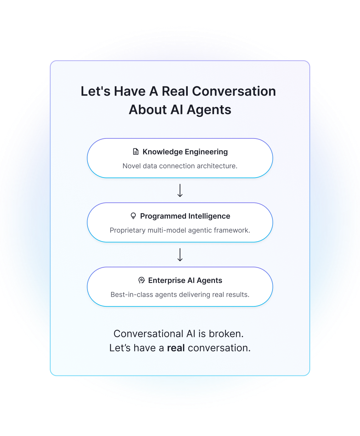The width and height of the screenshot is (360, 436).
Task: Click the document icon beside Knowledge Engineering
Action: pyautogui.click(x=136, y=152)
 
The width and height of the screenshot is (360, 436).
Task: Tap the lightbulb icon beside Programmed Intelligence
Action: pyautogui.click(x=133, y=216)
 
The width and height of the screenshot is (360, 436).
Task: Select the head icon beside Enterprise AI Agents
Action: pyautogui.click(x=141, y=281)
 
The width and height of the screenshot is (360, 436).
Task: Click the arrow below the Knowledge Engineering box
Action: pyautogui.click(x=180, y=191)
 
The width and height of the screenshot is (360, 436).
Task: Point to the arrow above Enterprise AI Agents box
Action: pyautogui.click(x=180, y=255)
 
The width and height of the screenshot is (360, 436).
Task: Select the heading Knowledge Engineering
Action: pyautogui.click(x=185, y=152)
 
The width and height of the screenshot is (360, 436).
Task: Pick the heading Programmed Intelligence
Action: pyautogui.click(x=185, y=216)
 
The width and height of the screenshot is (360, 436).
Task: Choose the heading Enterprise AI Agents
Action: pyautogui.click(x=185, y=281)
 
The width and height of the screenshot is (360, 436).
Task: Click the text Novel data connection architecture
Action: pyautogui.click(x=180, y=166)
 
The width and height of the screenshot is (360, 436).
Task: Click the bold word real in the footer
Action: pyautogui.click(x=176, y=348)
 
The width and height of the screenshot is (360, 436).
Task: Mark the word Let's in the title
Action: pyautogui.click(x=95, y=91)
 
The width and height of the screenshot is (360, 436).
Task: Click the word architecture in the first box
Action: pyautogui.click(x=216, y=166)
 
